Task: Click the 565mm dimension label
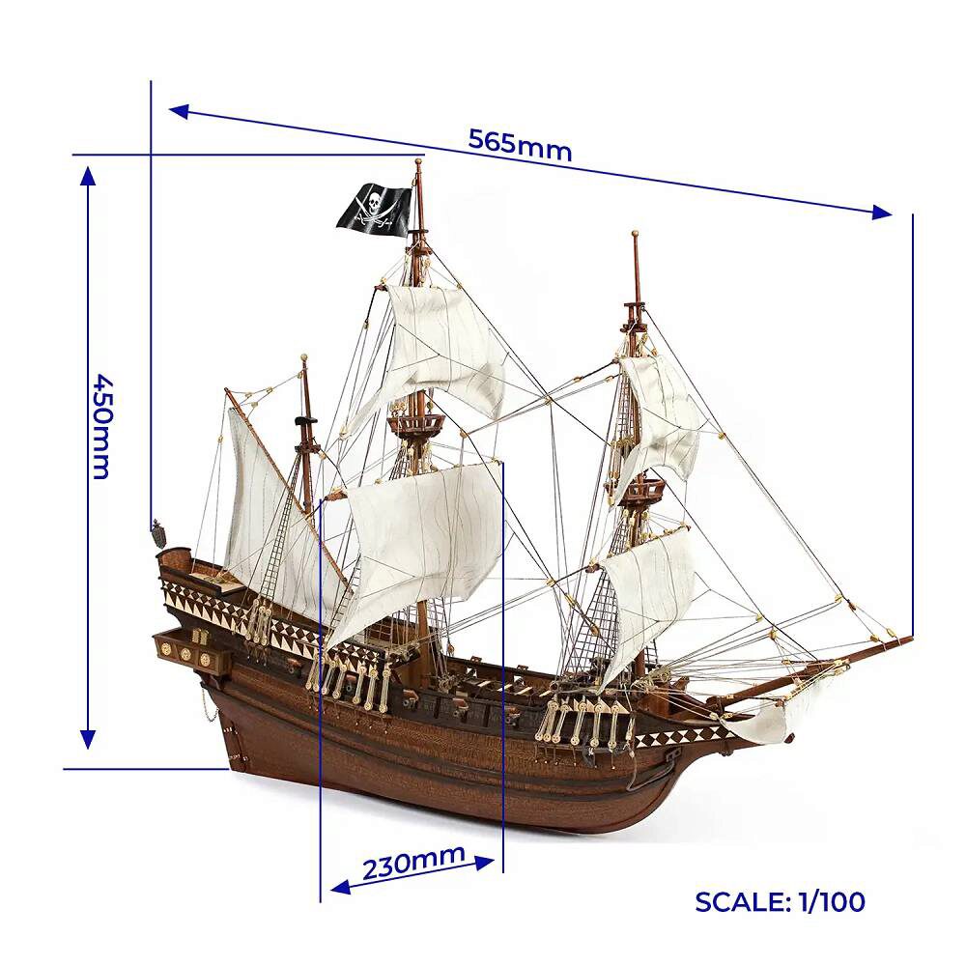pos(520,144)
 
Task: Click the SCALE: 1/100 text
pos(780,901)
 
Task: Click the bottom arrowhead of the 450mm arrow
pos(88,738)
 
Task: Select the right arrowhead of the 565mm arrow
pos(881,213)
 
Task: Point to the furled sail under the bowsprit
pos(782,716)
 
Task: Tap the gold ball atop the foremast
pos(635,235)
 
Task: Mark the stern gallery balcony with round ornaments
pos(193,652)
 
